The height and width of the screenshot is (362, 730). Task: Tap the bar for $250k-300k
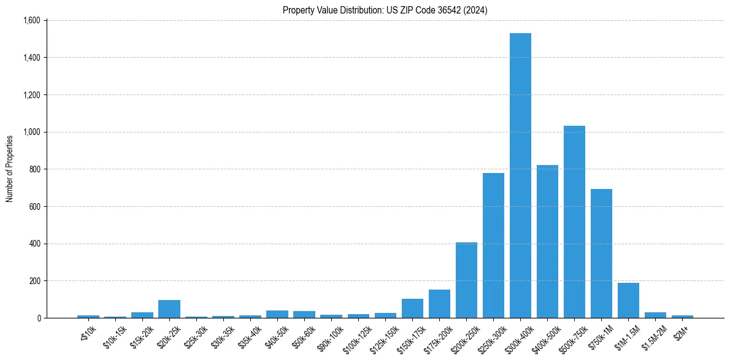tap(493, 245)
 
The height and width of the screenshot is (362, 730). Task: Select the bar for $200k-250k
tap(466, 280)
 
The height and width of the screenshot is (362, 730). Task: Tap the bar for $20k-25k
tap(169, 309)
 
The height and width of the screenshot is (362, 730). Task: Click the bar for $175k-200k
tap(439, 304)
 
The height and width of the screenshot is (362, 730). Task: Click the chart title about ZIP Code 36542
tap(385, 10)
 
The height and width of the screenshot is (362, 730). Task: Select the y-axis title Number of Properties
tap(10, 169)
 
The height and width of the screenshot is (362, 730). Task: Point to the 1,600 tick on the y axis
tap(32, 20)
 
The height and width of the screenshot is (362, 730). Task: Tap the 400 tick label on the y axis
tap(34, 244)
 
